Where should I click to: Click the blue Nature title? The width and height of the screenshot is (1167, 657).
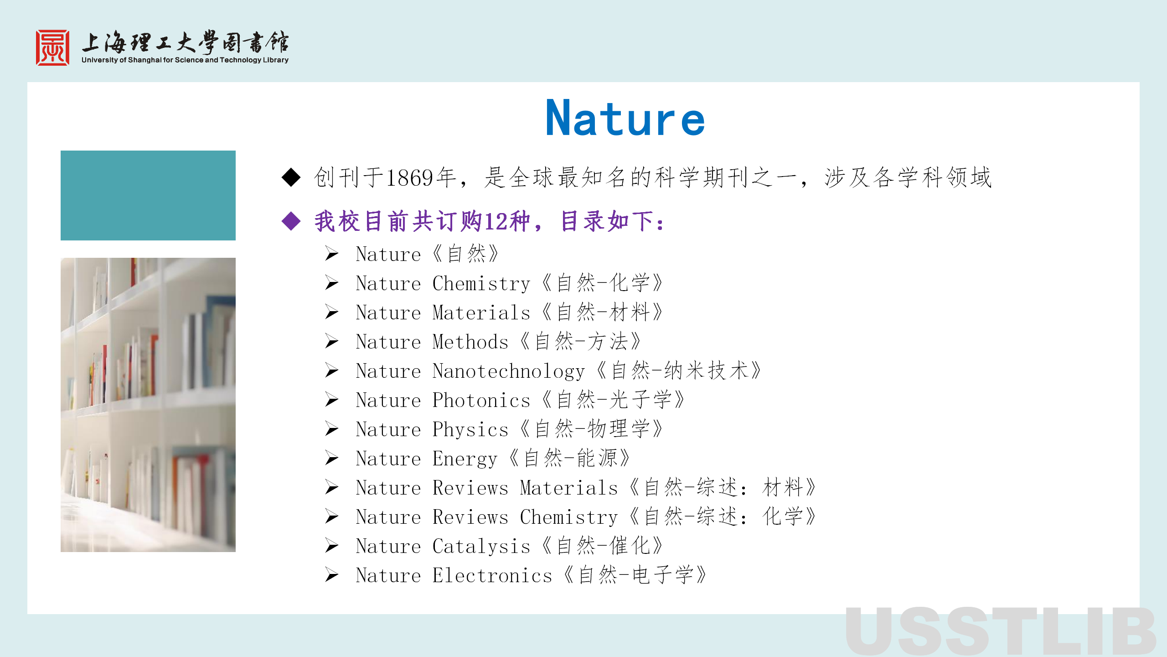(625, 118)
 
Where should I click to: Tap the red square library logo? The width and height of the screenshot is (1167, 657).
(53, 48)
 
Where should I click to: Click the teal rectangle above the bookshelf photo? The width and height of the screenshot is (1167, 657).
(148, 195)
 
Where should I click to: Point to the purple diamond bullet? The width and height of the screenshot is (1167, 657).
(291, 221)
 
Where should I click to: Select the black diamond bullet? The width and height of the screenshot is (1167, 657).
(291, 177)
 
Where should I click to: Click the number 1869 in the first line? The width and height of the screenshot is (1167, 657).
(409, 177)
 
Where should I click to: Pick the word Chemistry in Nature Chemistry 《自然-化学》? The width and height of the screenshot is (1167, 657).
(481, 284)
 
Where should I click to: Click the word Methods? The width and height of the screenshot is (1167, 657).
(470, 342)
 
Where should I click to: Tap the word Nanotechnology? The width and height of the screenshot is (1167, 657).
(509, 371)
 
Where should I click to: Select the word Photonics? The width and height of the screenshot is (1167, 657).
(481, 400)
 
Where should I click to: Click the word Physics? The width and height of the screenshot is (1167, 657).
(470, 430)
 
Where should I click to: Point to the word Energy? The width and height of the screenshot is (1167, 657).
(465, 459)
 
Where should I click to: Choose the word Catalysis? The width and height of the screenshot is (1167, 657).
(481, 547)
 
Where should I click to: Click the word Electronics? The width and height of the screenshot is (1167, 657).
(492, 575)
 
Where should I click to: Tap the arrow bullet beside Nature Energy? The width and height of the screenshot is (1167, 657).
(332, 459)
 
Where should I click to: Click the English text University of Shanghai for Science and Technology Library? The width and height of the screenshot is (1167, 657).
(185, 60)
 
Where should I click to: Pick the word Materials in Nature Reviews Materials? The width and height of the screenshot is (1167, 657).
(569, 488)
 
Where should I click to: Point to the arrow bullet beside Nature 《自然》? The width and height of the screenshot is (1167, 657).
(332, 254)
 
